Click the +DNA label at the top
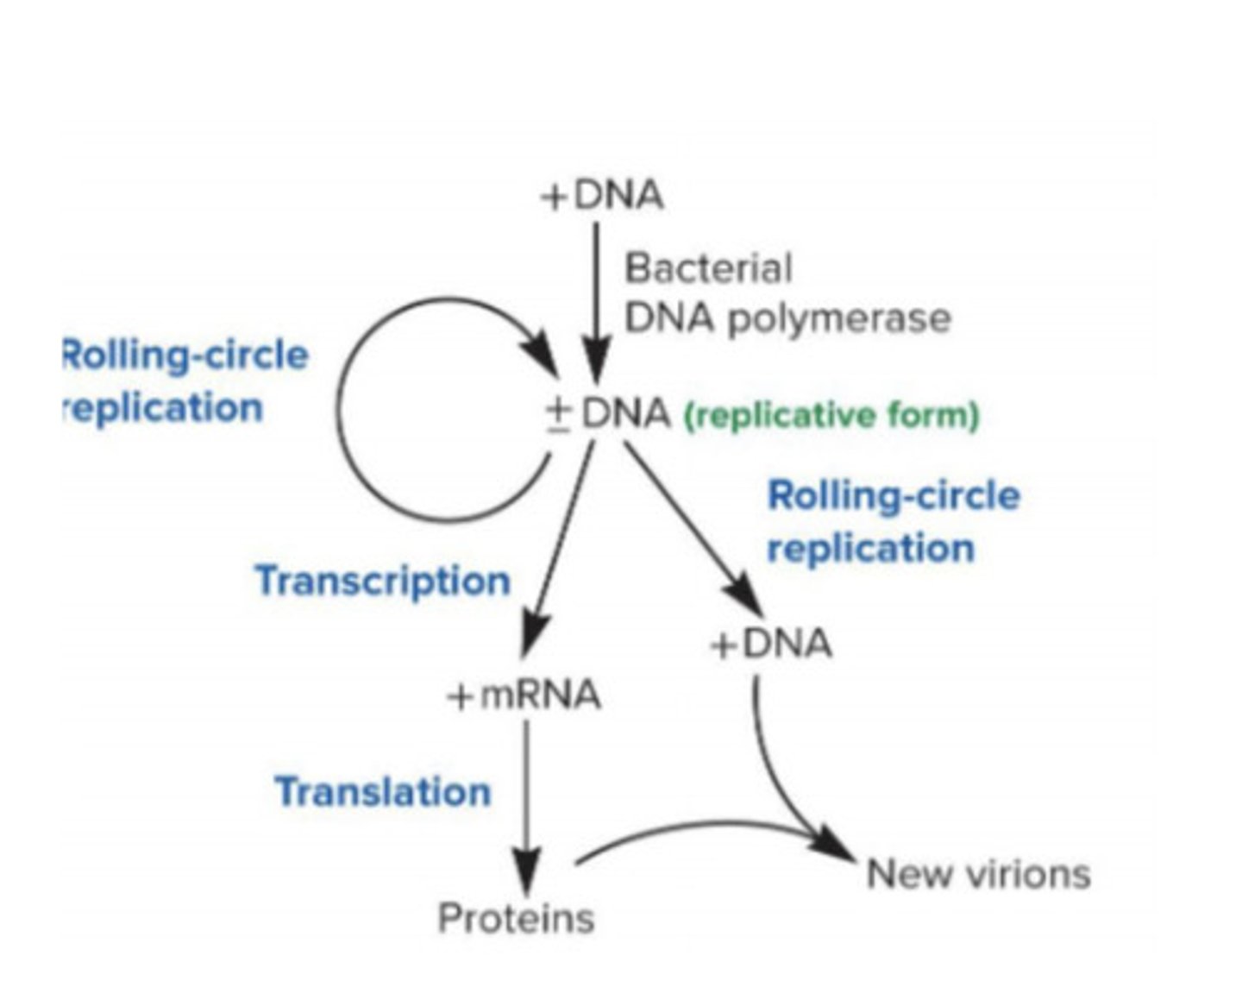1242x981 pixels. (603, 196)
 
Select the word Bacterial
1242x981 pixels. (707, 267)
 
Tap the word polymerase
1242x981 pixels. (838, 318)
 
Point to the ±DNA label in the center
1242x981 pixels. (609, 414)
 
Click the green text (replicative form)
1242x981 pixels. (831, 416)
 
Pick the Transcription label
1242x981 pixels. (383, 581)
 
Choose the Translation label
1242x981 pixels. (383, 791)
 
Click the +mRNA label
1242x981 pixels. (524, 695)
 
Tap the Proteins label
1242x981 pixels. (516, 918)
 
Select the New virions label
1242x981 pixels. (977, 874)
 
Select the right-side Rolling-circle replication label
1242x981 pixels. (893, 522)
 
